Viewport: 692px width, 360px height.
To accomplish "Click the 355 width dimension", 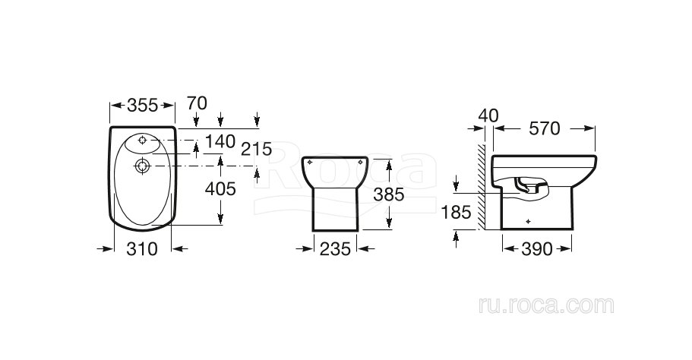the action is pos(142,106).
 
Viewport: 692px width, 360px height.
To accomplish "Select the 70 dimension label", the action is pos(197,103).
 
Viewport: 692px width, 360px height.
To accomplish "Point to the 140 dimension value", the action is pos(220,141).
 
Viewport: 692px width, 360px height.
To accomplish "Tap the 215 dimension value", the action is pos(257,149).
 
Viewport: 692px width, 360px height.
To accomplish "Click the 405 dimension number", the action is pos(220,189).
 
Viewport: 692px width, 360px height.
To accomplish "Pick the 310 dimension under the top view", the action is pos(142,249).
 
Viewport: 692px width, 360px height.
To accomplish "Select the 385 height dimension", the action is pos(389,194).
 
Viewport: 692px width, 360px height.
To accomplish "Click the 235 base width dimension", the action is pos(335,249).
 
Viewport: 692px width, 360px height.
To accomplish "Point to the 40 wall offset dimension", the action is pos(488,116).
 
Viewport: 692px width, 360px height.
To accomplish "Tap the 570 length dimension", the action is pos(544,129).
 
